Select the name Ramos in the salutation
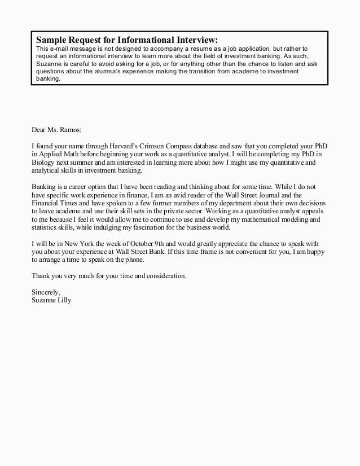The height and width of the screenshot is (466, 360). coord(69,129)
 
